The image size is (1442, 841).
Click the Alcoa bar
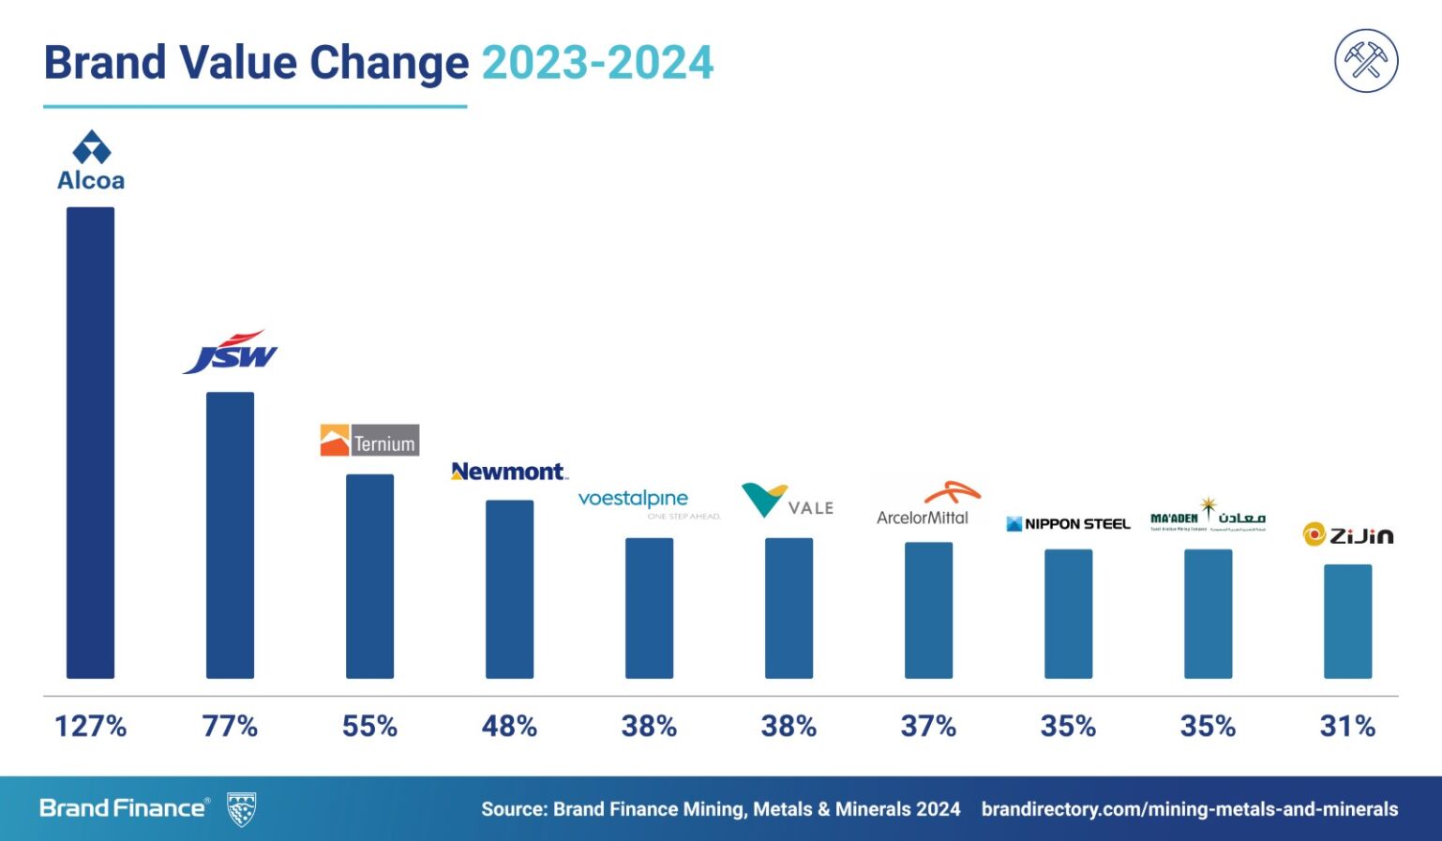[x=90, y=442]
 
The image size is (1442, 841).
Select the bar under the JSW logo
[x=230, y=534]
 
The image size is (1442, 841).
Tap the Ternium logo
[x=369, y=441]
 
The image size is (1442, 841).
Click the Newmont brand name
[x=508, y=472]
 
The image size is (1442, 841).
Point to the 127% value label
[x=90, y=726]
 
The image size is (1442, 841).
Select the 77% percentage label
[x=230, y=726]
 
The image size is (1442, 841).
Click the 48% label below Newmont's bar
[x=509, y=726]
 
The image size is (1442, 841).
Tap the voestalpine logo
[x=647, y=503]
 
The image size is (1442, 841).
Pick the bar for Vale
[x=789, y=608]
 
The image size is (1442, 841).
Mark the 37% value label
[x=928, y=726]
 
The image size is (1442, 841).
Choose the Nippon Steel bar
[x=1068, y=613]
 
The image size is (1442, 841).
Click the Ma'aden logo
[x=1208, y=516]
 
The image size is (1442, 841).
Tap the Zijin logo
[x=1347, y=534]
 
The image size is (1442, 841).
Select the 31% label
[x=1347, y=726]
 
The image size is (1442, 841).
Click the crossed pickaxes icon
[x=1366, y=60]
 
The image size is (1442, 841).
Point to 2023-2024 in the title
[x=597, y=63]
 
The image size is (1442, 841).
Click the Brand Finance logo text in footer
[x=123, y=808]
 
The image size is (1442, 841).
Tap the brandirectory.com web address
[x=1189, y=809]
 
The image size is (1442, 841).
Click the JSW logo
[x=231, y=353]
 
